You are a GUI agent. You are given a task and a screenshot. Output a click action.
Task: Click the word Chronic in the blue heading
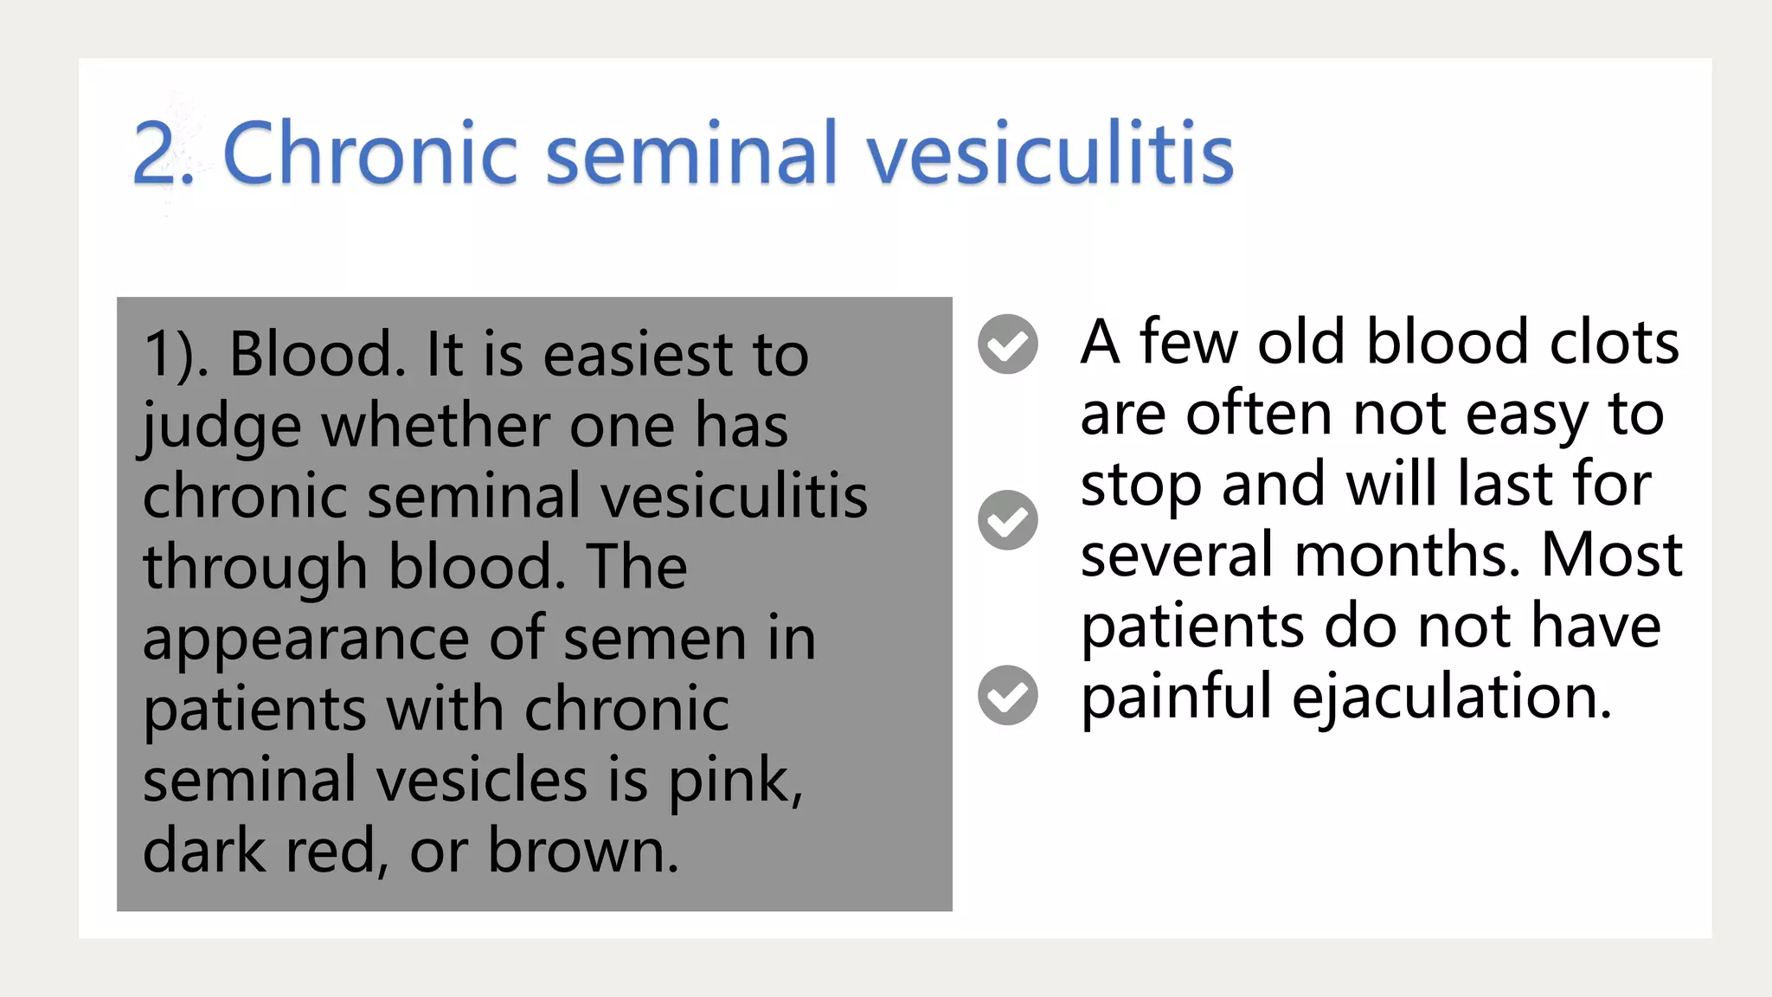click(370, 154)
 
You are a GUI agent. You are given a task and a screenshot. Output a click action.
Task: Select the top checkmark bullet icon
click(1007, 344)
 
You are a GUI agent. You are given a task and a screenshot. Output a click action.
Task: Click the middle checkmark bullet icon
click(1007, 520)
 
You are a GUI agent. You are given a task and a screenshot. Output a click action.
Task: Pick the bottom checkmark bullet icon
click(1007, 695)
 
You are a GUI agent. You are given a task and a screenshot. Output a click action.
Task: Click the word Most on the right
click(1611, 555)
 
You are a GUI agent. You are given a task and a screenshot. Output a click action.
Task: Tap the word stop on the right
click(1140, 486)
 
